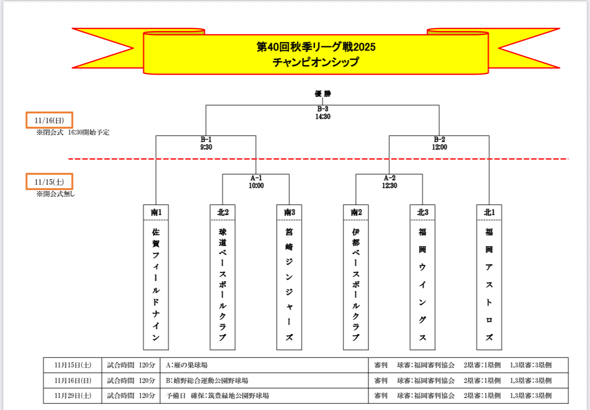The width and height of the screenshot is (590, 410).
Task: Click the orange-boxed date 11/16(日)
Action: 49,121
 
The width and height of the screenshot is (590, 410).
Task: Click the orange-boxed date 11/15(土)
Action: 49,181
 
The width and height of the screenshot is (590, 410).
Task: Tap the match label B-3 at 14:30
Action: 323,113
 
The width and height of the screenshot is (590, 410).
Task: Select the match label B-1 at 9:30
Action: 206,143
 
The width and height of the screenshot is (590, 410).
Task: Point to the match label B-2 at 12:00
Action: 439,143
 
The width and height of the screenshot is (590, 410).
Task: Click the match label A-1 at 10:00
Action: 256,181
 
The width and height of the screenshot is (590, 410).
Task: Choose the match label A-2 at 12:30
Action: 389,181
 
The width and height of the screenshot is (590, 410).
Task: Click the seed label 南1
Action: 156,212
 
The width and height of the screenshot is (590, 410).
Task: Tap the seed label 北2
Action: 223,212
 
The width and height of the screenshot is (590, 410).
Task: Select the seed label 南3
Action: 289,212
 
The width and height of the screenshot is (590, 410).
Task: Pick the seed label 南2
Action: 356,212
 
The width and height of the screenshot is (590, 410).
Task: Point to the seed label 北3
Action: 423,212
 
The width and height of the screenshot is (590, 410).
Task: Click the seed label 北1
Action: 489,212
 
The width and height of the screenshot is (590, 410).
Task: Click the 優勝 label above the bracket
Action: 323,94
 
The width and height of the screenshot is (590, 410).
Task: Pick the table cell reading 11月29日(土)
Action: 73,395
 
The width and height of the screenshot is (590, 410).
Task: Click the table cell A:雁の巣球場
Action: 187,365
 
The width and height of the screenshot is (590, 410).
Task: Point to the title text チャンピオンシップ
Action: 316,62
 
